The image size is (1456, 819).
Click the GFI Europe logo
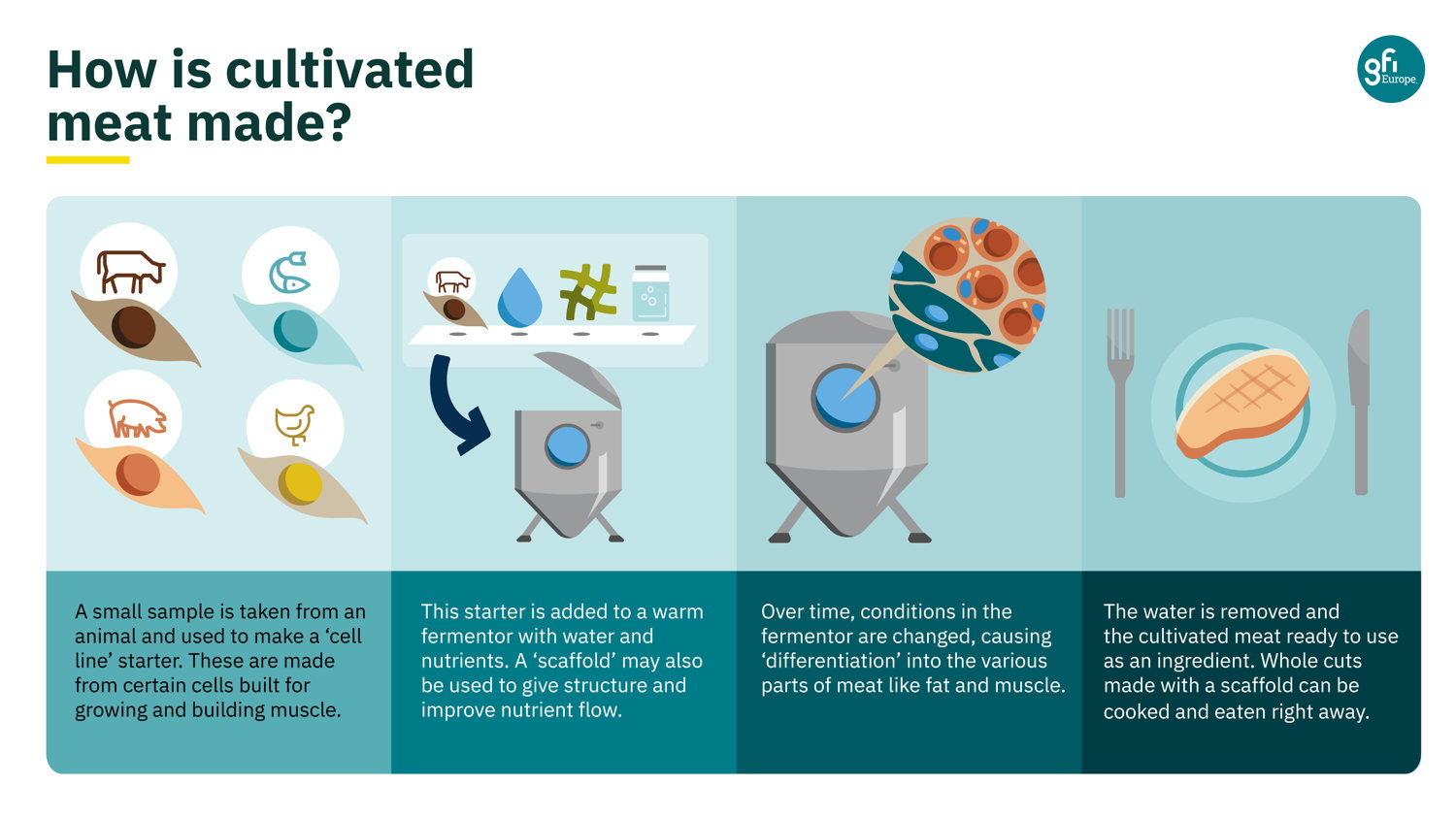click(x=1390, y=69)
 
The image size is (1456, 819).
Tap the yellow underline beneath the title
click(x=87, y=160)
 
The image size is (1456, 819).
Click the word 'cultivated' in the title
click(x=349, y=69)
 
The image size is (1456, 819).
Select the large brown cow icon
click(x=131, y=271)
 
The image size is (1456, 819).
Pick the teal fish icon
click(x=290, y=273)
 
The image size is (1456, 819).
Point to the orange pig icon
click(x=137, y=418)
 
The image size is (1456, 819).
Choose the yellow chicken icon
click(x=294, y=424)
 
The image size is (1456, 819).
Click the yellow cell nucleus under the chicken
click(x=300, y=484)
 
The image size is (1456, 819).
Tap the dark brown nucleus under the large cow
click(x=134, y=327)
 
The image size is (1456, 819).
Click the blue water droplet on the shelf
click(x=519, y=297)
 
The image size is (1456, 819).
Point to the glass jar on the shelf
click(x=650, y=293)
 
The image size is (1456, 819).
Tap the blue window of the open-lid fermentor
click(x=568, y=446)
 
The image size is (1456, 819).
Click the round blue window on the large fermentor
click(x=845, y=398)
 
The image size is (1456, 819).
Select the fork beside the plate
click(x=1119, y=403)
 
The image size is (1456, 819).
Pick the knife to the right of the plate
click(x=1360, y=403)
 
